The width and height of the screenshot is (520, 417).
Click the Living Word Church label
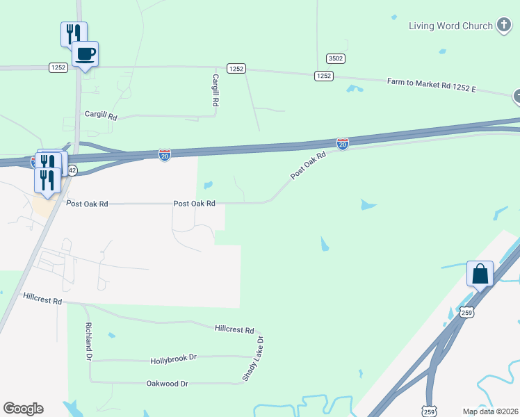[x=450, y=26]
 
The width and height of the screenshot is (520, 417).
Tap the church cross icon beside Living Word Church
[x=504, y=26]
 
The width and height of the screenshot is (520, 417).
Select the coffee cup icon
[x=85, y=54]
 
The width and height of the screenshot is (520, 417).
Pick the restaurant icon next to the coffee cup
[x=73, y=33]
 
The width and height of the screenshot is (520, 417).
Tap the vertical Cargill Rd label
[x=216, y=90]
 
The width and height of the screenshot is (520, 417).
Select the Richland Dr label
[x=88, y=341]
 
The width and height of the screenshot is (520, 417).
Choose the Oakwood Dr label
[x=168, y=384]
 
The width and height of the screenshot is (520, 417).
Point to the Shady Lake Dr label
[x=254, y=359]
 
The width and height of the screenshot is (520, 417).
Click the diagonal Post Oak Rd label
[x=308, y=166]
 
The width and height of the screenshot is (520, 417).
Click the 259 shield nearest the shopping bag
[x=466, y=313]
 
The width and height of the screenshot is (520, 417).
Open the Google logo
[x=23, y=409]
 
